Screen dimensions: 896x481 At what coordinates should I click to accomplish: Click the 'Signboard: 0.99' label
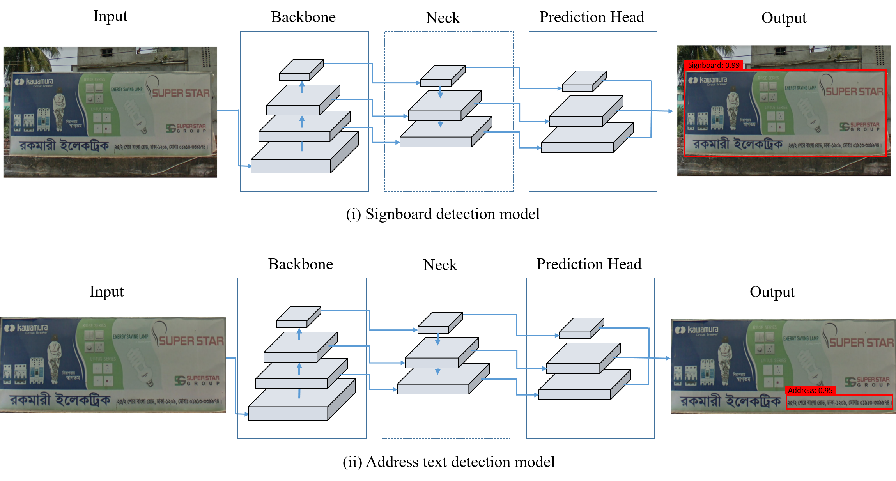pos(713,65)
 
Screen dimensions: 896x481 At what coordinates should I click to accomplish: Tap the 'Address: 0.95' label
pos(810,390)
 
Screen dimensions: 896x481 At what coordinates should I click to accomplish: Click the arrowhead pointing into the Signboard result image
pos(671,111)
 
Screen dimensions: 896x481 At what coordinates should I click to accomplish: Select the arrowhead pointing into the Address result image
pos(668,358)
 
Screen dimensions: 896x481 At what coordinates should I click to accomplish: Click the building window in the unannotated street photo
pos(106,53)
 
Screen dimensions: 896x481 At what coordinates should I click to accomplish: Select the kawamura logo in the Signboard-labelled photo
pos(708,81)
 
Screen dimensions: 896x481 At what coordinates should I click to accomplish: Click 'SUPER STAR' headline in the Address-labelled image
pos(861,343)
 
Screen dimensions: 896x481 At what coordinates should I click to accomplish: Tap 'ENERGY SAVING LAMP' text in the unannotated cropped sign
pos(131,336)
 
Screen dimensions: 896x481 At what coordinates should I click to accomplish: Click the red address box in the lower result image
pos(838,402)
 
